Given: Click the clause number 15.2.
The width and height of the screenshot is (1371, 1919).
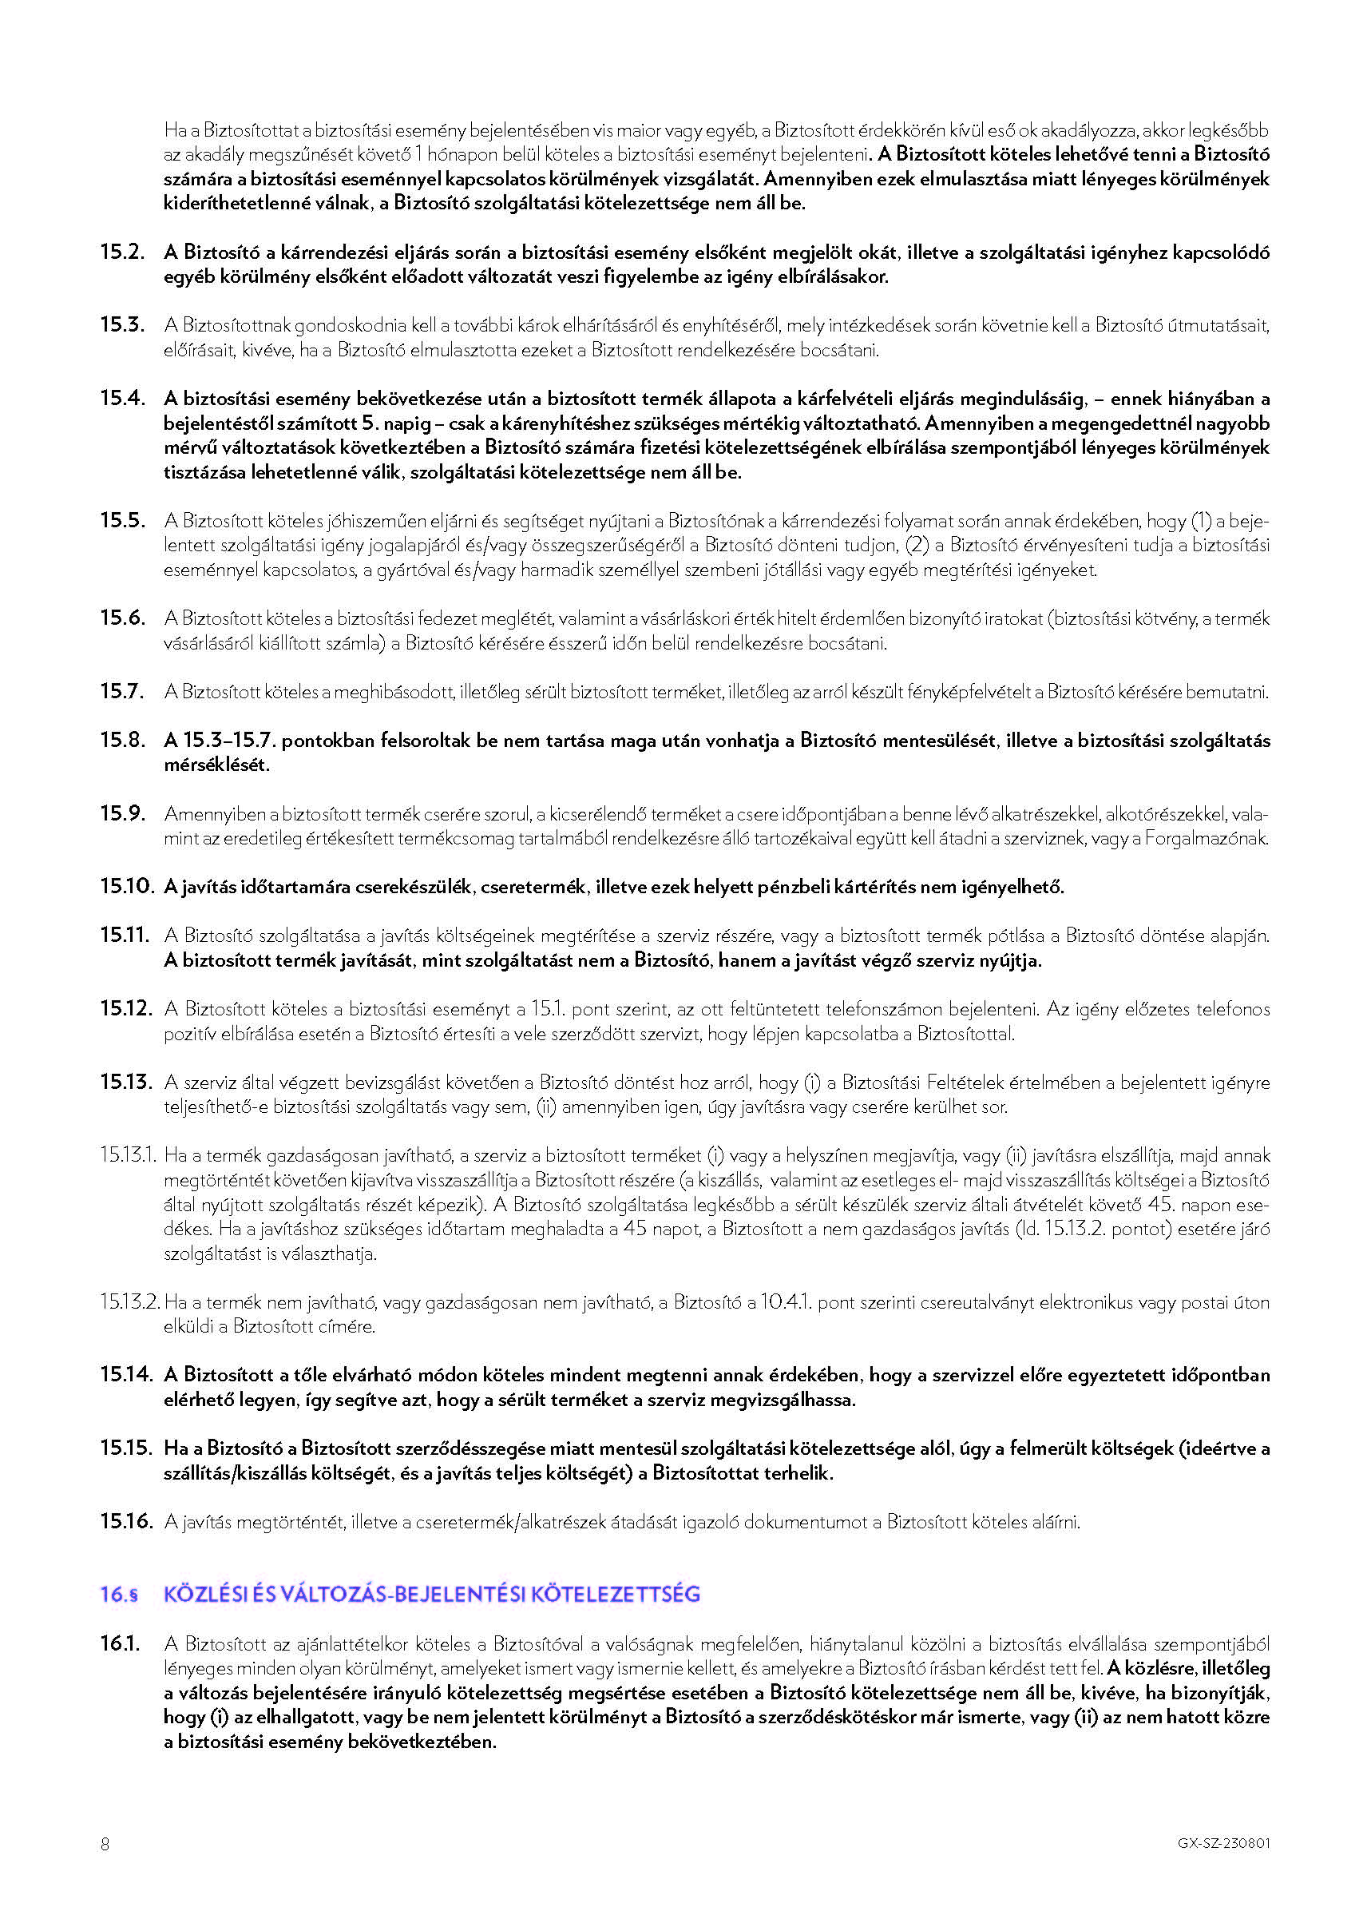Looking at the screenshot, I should point(121,252).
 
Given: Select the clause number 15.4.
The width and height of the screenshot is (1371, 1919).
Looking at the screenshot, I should point(121,398).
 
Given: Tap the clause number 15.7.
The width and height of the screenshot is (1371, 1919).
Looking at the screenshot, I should point(121,691).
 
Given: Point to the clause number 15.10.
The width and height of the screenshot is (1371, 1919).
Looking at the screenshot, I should point(127,886).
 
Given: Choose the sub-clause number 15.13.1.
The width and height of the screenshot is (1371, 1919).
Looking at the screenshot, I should point(129,1154).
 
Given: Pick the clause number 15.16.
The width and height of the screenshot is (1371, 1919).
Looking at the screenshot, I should point(127,1521).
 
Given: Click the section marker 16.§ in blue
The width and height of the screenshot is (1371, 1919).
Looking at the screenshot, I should point(119,1595).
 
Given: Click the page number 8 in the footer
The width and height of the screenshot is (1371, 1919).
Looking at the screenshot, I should point(105,1844).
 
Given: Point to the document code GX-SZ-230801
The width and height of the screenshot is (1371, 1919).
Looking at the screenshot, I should point(1223,1844).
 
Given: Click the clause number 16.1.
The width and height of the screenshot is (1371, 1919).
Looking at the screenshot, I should point(120,1643).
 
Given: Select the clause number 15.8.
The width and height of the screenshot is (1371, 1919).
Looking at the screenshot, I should point(121,740).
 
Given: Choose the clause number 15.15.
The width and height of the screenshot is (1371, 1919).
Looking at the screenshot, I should point(127,1448).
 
